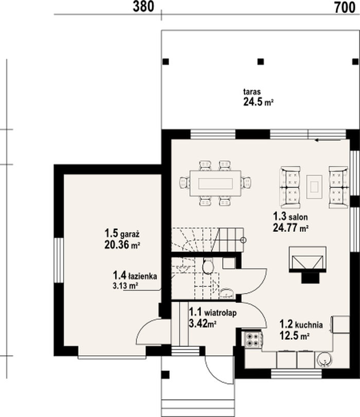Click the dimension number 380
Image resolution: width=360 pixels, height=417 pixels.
click(143, 7)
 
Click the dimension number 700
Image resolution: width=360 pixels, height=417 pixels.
click(345, 7)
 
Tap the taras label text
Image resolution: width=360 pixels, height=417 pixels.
click(251, 92)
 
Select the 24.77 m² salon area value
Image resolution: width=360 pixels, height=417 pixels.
click(291, 228)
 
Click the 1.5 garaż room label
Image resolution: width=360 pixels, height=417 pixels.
click(122, 233)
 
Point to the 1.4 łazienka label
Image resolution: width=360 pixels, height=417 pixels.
click(135, 275)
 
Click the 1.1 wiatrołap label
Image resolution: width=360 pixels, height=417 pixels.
click(212, 312)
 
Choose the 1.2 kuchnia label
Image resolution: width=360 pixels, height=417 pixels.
click(301, 324)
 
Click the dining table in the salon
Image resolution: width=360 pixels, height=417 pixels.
click(215, 183)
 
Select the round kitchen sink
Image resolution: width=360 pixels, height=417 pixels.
click(324, 360)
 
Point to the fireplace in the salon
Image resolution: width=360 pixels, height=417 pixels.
click(308, 264)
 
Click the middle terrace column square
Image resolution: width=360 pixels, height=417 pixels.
click(261, 62)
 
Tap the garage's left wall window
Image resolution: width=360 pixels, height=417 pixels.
click(59, 260)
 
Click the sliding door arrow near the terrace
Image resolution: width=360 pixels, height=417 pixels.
click(328, 140)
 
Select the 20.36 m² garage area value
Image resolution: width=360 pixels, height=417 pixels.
click(122, 245)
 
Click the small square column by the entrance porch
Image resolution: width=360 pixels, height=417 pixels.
click(166, 375)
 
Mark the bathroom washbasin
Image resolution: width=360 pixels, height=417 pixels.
click(226, 294)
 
